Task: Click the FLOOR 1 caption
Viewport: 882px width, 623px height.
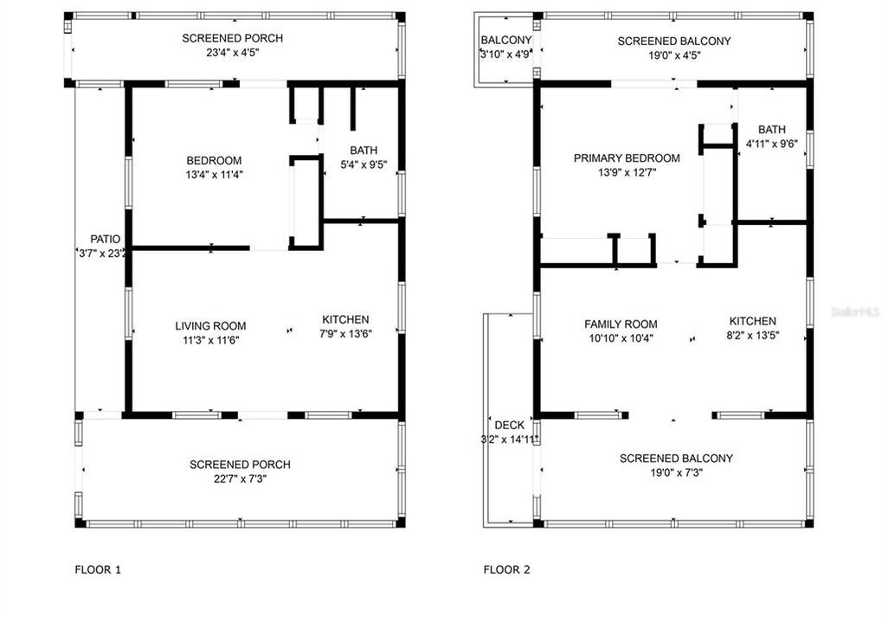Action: click(98, 569)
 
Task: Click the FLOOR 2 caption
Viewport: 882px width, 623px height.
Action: click(506, 569)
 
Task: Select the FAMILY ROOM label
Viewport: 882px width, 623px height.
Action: click(618, 324)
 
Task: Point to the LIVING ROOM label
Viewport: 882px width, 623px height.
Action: click(210, 326)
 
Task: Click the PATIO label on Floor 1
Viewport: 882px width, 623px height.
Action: click(105, 239)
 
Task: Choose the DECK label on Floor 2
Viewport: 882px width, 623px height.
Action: click(509, 425)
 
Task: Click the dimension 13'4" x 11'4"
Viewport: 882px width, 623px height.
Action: click(214, 174)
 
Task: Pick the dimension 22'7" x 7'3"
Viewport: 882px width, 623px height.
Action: click(240, 478)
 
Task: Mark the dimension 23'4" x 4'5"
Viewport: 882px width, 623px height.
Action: click(232, 52)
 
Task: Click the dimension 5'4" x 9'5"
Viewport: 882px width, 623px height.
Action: click(363, 164)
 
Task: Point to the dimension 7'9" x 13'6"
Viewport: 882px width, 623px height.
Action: click(345, 333)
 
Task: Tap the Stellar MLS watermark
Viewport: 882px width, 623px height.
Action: click(857, 308)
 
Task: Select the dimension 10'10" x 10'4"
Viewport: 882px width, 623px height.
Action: click(618, 337)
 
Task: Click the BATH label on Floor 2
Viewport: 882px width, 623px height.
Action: click(771, 130)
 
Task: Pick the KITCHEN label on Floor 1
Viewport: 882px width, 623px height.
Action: click(345, 319)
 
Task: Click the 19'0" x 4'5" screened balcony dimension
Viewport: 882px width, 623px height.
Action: click(673, 55)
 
